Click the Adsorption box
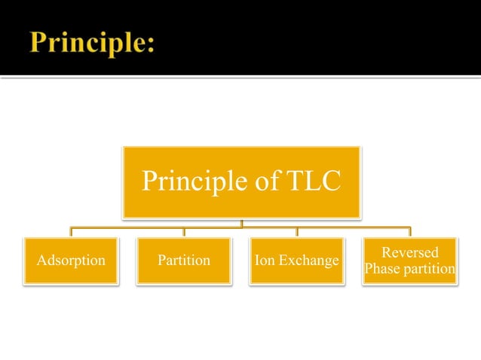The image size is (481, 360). tap(71, 261)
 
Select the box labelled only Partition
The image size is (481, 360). tap(184, 261)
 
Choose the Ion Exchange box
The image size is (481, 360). tap(297, 261)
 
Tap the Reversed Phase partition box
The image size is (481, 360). tap(410, 261)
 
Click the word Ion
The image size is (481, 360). tap(265, 261)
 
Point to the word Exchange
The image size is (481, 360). tap(308, 261)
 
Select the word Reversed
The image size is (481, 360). tap(410, 252)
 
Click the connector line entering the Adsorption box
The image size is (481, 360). tap(72, 232)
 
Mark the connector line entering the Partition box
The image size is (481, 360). tap(185, 232)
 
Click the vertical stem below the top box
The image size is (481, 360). tap(241, 223)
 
